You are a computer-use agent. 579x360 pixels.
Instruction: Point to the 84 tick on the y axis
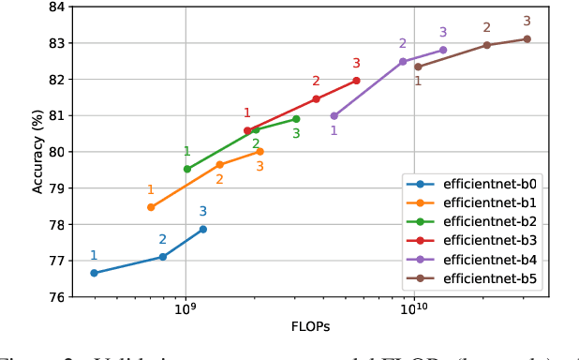click(x=55, y=7)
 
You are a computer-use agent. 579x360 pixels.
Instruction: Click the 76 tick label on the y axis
click(x=55, y=297)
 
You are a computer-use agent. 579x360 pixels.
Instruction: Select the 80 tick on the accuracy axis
click(x=55, y=152)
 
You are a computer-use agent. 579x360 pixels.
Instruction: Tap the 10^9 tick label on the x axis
click(x=185, y=310)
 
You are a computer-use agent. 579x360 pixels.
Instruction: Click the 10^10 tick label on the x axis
click(x=414, y=310)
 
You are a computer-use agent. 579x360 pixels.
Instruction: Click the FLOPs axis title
click(x=310, y=327)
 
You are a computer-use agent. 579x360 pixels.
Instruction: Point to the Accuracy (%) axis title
click(x=37, y=152)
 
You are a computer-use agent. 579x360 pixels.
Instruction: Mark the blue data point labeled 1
click(x=94, y=273)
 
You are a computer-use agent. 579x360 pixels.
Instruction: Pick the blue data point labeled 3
click(x=202, y=229)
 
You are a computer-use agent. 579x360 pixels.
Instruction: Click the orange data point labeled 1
click(x=151, y=207)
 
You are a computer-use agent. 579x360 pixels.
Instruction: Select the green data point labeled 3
click(x=296, y=119)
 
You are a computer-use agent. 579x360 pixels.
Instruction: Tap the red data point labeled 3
click(x=356, y=81)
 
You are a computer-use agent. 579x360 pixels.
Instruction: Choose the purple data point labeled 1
click(x=334, y=116)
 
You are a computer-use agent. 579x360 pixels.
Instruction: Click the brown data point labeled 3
click(x=527, y=38)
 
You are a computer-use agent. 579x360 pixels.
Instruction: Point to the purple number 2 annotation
click(x=403, y=44)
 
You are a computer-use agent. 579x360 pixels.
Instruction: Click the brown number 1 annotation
click(x=418, y=81)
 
